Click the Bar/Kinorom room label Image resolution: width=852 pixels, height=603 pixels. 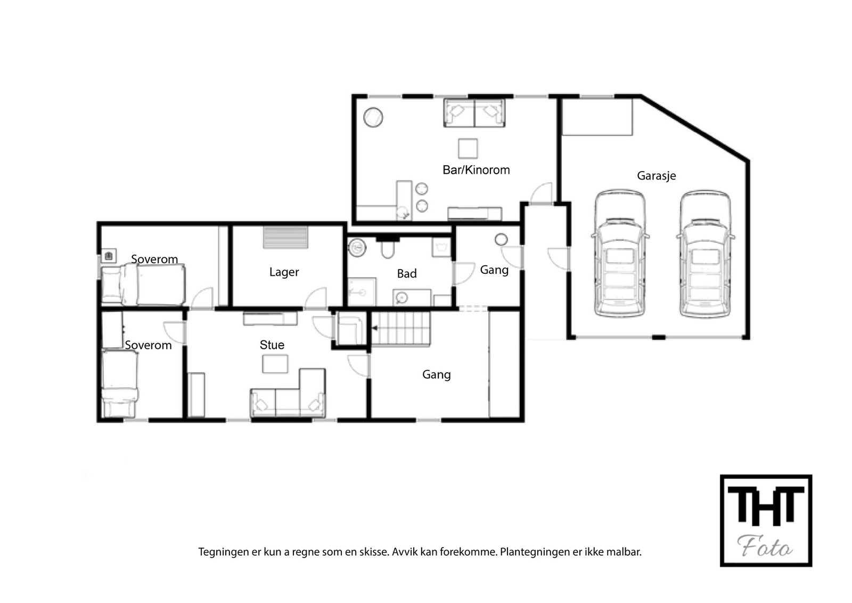(x=476, y=170)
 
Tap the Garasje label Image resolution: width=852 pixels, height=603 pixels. (x=657, y=176)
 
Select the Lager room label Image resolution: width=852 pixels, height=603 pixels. (x=284, y=272)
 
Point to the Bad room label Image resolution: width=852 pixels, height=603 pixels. (x=407, y=274)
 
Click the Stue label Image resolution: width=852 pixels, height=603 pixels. (x=272, y=345)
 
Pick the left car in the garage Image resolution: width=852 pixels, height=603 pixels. (x=620, y=253)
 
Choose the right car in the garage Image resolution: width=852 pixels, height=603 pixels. (x=705, y=254)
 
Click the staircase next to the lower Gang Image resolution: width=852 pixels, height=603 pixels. (x=401, y=329)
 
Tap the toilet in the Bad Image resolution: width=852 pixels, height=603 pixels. (x=387, y=248)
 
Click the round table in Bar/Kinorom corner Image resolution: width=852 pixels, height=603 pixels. (x=373, y=118)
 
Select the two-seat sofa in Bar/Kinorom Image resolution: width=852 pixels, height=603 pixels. (x=474, y=113)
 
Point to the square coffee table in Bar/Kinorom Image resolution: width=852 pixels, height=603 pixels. (x=468, y=149)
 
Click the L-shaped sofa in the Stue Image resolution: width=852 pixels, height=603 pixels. (x=288, y=393)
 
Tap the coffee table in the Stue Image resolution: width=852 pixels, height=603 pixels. (x=275, y=364)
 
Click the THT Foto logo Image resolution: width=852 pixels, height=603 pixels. (x=766, y=520)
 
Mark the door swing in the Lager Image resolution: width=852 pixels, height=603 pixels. (x=316, y=298)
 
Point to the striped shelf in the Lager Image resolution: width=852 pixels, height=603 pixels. (x=285, y=238)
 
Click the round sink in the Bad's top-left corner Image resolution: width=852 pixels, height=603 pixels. (x=357, y=248)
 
